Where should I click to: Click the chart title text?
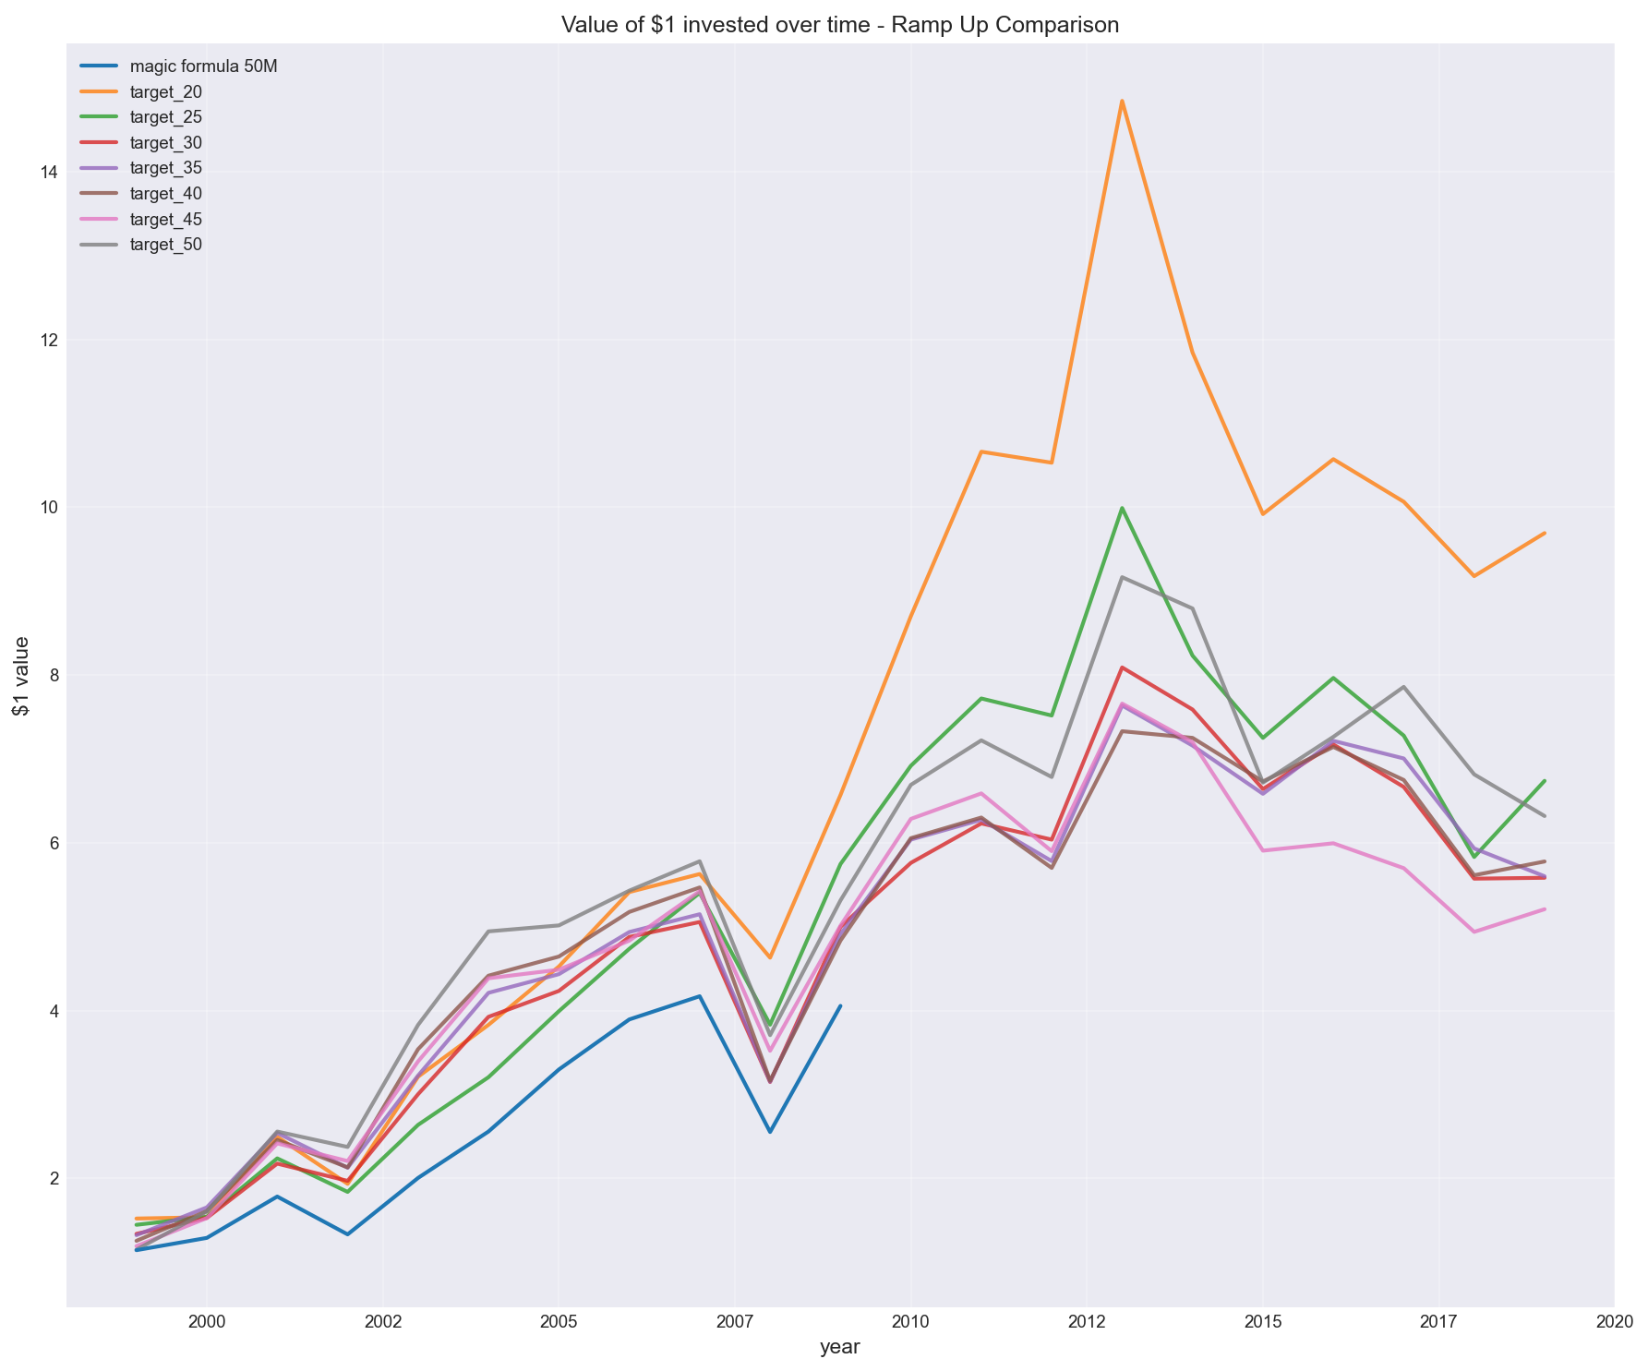pyautogui.click(x=840, y=25)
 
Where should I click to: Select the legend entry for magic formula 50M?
pyautogui.click(x=204, y=66)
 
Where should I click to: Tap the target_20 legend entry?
pyautogui.click(x=166, y=92)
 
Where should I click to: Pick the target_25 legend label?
pyautogui.click(x=166, y=117)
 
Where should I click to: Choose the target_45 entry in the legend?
pyautogui.click(x=166, y=220)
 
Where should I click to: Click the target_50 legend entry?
pyautogui.click(x=166, y=245)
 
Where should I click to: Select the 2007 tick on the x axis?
pyautogui.click(x=734, y=1321)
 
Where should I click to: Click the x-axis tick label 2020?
pyautogui.click(x=1615, y=1321)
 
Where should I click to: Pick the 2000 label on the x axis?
pyautogui.click(x=206, y=1321)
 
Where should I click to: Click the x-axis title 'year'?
pyautogui.click(x=840, y=1348)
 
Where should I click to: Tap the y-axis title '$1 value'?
pyautogui.click(x=20, y=677)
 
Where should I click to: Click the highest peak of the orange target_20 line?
pyautogui.click(x=1122, y=101)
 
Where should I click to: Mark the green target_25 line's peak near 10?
pyautogui.click(x=1122, y=508)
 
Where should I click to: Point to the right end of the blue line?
pyautogui.click(x=840, y=1005)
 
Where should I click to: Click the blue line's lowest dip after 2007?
pyautogui.click(x=770, y=1132)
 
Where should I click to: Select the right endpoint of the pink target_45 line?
pyautogui.click(x=1545, y=909)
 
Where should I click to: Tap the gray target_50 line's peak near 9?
pyautogui.click(x=1122, y=577)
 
